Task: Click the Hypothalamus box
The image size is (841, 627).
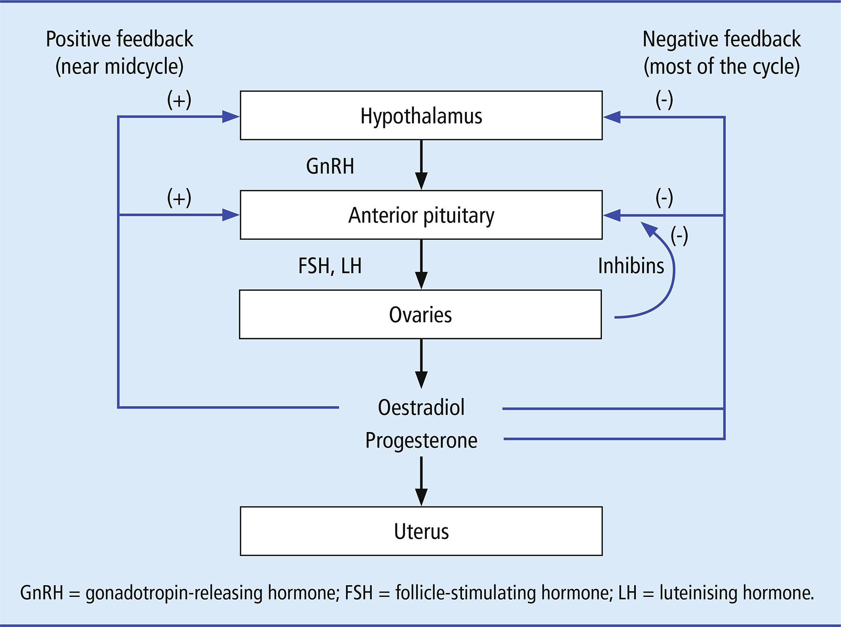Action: pyautogui.click(x=421, y=115)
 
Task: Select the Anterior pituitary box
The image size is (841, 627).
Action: pyautogui.click(x=421, y=215)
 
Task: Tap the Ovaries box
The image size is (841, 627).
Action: pyautogui.click(x=420, y=314)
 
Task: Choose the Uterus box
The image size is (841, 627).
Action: pyautogui.click(x=421, y=531)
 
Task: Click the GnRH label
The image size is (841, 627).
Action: pyautogui.click(x=330, y=166)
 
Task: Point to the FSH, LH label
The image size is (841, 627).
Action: pyautogui.click(x=330, y=266)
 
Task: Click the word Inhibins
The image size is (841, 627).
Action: pyautogui.click(x=631, y=266)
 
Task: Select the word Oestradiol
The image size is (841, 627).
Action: pyautogui.click(x=421, y=408)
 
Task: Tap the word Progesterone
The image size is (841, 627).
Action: pyautogui.click(x=421, y=440)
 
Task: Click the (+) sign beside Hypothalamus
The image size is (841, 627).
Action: pyautogui.click(x=179, y=100)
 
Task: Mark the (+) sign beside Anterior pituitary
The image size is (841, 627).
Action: pyautogui.click(x=179, y=198)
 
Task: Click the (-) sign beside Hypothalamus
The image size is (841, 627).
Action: pyautogui.click(x=664, y=100)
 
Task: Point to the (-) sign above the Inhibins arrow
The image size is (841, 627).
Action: pyautogui.click(x=679, y=236)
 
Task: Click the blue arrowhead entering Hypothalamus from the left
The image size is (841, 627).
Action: pyautogui.click(x=231, y=117)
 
